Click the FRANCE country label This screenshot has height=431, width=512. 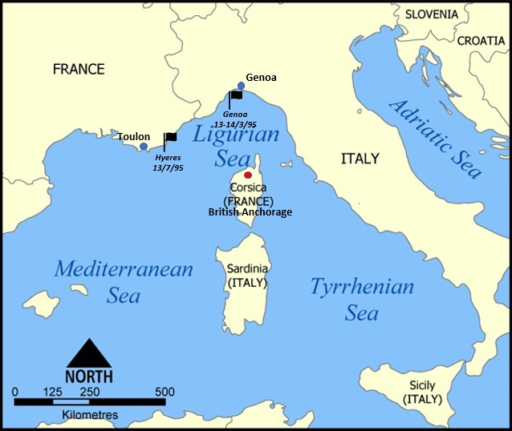79,69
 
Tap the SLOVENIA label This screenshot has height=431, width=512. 431,14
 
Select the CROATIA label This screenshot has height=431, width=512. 481,41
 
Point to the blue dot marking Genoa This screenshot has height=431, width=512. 241,86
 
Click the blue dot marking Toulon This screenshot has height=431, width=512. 144,147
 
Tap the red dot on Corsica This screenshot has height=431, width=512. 248,175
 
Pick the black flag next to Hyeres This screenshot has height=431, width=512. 170,138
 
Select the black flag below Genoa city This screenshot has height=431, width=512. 236,95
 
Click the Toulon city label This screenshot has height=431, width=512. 133,136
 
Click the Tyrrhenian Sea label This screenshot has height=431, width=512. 362,299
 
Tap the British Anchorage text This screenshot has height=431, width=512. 250,212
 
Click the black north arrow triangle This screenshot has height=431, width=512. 89,352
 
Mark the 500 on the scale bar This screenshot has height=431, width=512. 165,392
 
